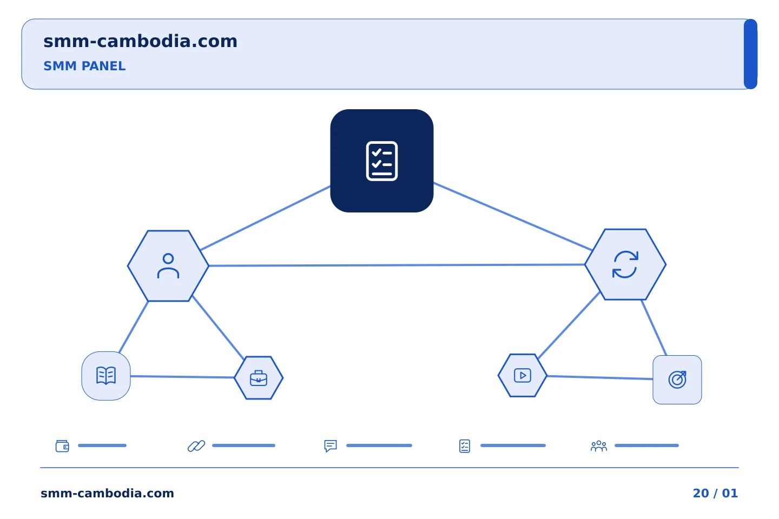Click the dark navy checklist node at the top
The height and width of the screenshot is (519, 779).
click(x=381, y=161)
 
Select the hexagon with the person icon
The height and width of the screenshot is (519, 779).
click(x=168, y=266)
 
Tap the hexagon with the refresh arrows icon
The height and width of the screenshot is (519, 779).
click(x=625, y=264)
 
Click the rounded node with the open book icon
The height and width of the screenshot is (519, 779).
click(x=106, y=376)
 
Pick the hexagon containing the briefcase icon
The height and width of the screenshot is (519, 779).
click(x=259, y=378)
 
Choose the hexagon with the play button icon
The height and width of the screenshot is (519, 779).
click(x=523, y=375)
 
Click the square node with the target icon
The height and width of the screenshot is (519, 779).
click(x=677, y=380)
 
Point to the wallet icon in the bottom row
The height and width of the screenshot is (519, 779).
click(x=63, y=446)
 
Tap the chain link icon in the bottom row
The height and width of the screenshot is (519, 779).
click(x=196, y=446)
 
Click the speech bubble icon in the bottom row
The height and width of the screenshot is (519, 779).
click(x=331, y=446)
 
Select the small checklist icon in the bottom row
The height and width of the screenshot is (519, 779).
click(x=465, y=446)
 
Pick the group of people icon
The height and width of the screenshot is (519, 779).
click(x=599, y=446)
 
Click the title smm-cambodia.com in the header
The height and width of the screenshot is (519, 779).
click(x=140, y=41)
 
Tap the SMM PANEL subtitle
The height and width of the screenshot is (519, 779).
click(x=84, y=66)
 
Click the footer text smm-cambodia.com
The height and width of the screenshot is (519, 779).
click(x=107, y=493)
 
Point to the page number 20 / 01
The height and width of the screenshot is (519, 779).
click(x=715, y=493)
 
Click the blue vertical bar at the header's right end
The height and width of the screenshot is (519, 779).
click(x=750, y=54)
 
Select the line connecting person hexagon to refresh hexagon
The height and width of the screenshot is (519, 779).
click(x=397, y=265)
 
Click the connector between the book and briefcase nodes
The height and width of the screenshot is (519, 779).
click(x=182, y=377)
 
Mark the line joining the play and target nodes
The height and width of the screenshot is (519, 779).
click(x=599, y=377)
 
